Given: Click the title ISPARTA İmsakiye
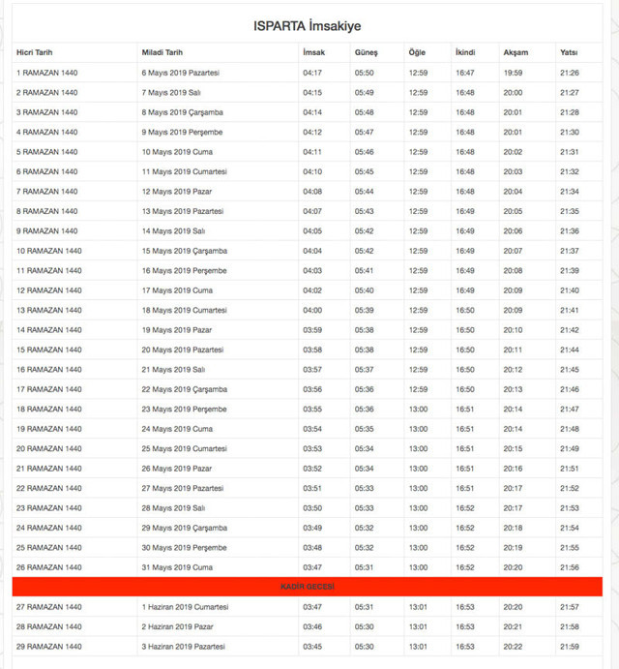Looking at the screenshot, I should tap(308, 25).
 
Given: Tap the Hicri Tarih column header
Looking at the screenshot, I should tap(38, 52).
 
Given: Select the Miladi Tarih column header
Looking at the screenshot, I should tap(162, 52).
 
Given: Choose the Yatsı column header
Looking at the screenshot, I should tap(570, 52).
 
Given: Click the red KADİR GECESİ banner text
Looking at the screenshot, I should tap(307, 587).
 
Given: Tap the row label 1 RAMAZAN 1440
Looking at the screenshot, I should tap(46, 73).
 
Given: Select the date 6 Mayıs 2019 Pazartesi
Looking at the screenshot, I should tap(181, 73).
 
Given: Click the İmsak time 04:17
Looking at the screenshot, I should tap(312, 73).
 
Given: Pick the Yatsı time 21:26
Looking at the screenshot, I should tap(570, 73).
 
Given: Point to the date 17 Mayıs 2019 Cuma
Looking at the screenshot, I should tap(177, 290).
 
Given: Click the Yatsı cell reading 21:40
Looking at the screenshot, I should tap(570, 290).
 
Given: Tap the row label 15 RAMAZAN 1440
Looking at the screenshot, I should tap(48, 350).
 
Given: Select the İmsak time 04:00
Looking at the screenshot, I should tap(312, 310).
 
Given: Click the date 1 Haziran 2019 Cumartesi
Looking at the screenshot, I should tap(185, 607).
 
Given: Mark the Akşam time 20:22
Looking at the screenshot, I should tap(513, 646).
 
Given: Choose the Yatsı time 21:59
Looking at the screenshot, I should tap(570, 646).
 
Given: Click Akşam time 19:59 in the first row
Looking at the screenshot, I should tap(513, 73).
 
